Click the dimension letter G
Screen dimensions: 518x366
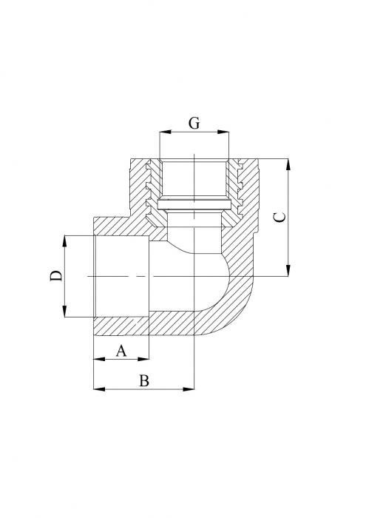click(194, 124)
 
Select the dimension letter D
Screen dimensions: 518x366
click(55, 276)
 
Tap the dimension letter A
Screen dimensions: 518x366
click(122, 351)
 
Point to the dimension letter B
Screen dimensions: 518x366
click(145, 380)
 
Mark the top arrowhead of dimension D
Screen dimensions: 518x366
click(67, 240)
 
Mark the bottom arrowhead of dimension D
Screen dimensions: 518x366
click(67, 312)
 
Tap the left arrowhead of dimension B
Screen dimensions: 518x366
click(97, 388)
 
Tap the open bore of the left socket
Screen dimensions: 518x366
click(122, 275)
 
